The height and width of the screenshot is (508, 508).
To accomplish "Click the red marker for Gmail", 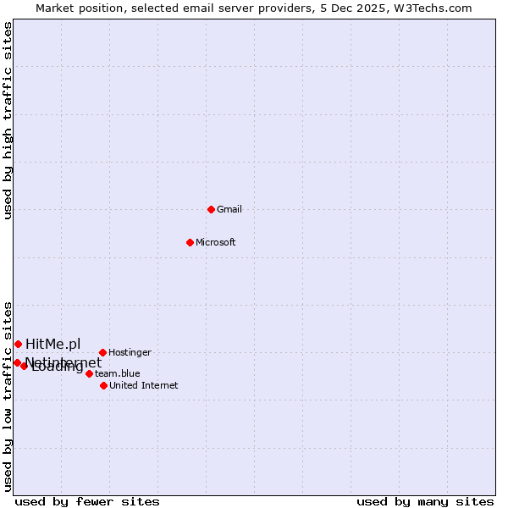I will pos(211,209).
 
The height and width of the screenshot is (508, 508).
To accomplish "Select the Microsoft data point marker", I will pos(190,242).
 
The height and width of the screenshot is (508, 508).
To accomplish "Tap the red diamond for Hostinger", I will pos(102,352).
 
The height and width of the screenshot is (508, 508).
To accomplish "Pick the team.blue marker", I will pos(89,373).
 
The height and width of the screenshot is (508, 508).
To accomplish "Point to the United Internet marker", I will pos(103,385).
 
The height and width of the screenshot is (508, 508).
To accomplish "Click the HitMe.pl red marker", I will pos(18,344).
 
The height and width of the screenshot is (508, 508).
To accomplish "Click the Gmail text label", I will pos(229,210).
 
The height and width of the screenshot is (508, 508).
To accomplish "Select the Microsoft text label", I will pos(216,243).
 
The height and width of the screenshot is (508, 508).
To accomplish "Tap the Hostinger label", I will pos(130,352).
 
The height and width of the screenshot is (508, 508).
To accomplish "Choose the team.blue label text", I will pos(118,373).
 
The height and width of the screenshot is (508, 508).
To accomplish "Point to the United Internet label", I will pos(144,386).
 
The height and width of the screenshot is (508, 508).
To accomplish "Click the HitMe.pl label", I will pos(52,344).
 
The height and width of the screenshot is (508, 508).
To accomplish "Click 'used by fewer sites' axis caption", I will pos(87,501).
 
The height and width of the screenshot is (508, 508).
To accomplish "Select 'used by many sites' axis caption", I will pos(425,501).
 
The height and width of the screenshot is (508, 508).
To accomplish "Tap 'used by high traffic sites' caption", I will pos(8,120).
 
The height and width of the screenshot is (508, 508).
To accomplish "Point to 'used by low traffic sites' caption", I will pos(8,395).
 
